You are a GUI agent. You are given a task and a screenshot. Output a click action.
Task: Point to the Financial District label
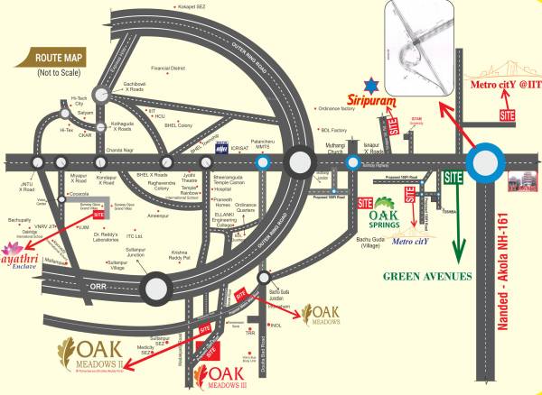point(168,68)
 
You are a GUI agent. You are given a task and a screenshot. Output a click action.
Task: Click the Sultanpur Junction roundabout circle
point(157,289)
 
